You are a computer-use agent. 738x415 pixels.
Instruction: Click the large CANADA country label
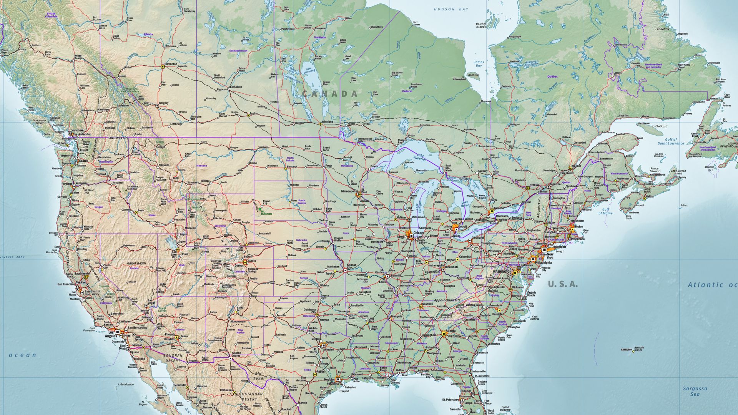[x=330, y=93]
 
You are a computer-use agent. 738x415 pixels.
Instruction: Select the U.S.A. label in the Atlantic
[x=562, y=284]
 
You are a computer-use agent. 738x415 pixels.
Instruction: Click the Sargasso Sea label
[x=695, y=391]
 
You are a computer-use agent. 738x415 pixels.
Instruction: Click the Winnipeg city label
[x=327, y=121]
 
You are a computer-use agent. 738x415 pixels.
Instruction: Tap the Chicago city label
[x=419, y=233]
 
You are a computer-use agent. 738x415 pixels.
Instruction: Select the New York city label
[x=550, y=256]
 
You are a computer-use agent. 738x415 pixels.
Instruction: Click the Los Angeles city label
[x=111, y=334]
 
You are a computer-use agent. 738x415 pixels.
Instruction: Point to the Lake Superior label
[x=420, y=156]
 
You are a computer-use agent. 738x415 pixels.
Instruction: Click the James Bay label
[x=479, y=64]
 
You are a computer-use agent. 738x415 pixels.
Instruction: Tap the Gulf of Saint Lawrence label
[x=670, y=141]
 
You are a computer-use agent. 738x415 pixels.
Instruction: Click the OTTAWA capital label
[x=534, y=185]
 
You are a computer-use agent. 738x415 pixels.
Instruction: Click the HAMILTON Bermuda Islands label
[x=627, y=350]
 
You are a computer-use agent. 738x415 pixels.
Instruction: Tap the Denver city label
[x=238, y=265]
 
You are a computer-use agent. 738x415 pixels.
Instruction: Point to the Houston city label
[x=330, y=379]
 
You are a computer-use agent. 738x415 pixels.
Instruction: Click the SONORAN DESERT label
[x=172, y=358]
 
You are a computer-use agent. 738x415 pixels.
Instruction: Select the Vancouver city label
[x=78, y=130]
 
